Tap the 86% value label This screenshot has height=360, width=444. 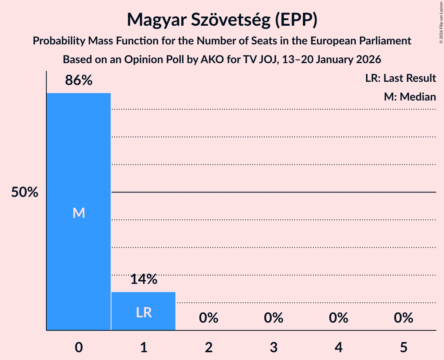79,81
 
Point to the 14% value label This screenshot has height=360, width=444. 143,279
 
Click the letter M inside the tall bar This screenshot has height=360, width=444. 79,213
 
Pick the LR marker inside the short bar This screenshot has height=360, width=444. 143,312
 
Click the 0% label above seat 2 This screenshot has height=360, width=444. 209,318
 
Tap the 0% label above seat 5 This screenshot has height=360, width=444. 403,318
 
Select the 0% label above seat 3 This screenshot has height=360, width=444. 273,318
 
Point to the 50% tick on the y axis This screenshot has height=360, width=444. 25,192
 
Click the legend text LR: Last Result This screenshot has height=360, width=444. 400,78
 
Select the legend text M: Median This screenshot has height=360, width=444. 410,97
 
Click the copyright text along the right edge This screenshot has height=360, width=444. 441,23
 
